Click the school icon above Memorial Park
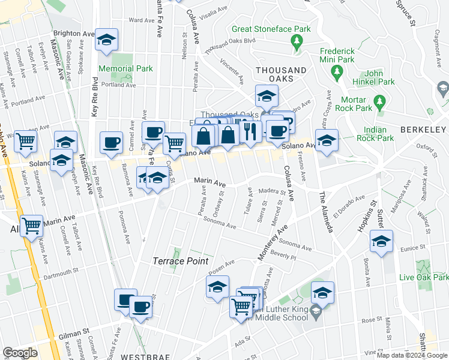[107, 40]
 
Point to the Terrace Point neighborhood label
[180, 262]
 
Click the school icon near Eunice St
[381, 241]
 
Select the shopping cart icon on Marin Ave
[32, 226]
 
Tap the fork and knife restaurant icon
[250, 131]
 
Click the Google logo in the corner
[20, 353]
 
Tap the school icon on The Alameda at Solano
[327, 140]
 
